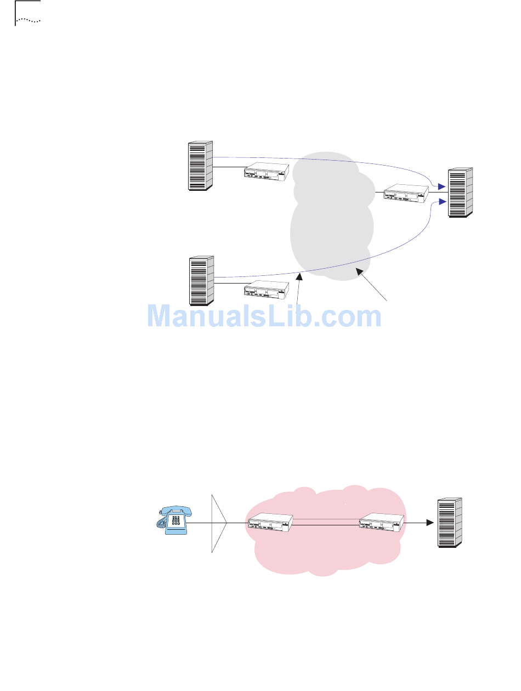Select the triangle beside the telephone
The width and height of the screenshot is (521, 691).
pos(219,523)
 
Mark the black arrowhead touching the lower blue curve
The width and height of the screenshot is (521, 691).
pos(299,279)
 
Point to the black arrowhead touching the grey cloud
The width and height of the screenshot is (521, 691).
pos(359,270)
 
